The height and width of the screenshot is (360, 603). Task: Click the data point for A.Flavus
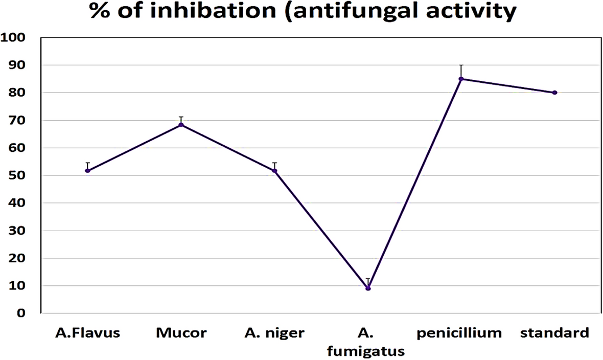(x=87, y=170)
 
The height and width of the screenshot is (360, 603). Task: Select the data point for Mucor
(x=181, y=125)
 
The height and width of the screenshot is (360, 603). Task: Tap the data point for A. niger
(x=274, y=170)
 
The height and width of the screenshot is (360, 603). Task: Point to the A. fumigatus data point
(x=368, y=288)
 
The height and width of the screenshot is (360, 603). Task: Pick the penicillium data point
(x=461, y=79)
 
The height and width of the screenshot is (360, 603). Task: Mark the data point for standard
(x=554, y=93)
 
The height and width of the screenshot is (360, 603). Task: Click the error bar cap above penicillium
(x=461, y=65)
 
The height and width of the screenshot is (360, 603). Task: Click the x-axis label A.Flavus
(x=87, y=334)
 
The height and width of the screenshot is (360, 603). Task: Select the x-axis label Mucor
(x=181, y=334)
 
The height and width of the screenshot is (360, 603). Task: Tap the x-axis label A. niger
(x=274, y=334)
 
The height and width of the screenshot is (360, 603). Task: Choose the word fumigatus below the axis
(x=367, y=352)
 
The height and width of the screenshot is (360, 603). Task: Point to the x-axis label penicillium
(x=459, y=334)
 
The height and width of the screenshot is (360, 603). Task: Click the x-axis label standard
(x=554, y=334)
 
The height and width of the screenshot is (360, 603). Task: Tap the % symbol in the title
(x=101, y=12)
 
